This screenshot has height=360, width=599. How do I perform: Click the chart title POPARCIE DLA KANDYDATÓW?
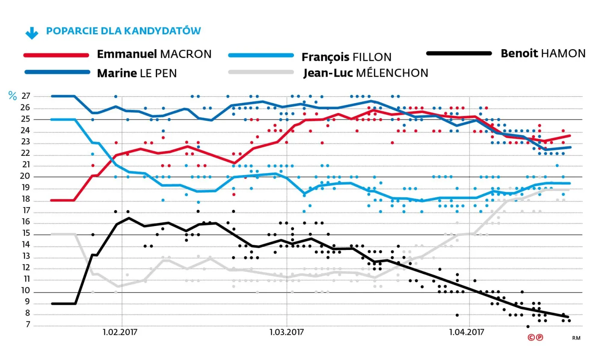(123, 31)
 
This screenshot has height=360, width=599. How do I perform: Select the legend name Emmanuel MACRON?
(154, 54)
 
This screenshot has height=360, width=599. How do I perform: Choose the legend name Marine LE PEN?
(137, 73)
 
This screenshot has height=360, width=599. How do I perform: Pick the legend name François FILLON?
(347, 57)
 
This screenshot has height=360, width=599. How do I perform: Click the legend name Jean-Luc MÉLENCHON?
(366, 73)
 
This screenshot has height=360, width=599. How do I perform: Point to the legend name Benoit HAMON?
(543, 54)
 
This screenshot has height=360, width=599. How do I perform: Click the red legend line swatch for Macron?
(56, 55)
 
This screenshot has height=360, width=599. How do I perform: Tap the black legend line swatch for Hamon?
(459, 54)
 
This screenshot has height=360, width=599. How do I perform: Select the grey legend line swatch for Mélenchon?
(261, 72)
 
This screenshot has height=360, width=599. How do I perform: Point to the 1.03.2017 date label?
(287, 332)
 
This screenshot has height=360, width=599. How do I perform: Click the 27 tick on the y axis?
(26, 96)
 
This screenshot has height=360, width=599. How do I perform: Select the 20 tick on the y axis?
(26, 177)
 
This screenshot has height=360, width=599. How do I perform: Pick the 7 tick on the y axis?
(27, 325)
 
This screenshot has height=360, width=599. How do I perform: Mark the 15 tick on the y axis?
(26, 234)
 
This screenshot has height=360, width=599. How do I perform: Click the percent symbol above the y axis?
(12, 96)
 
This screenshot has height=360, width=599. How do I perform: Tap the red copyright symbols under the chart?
(535, 337)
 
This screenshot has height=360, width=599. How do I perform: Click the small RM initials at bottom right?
(576, 338)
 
